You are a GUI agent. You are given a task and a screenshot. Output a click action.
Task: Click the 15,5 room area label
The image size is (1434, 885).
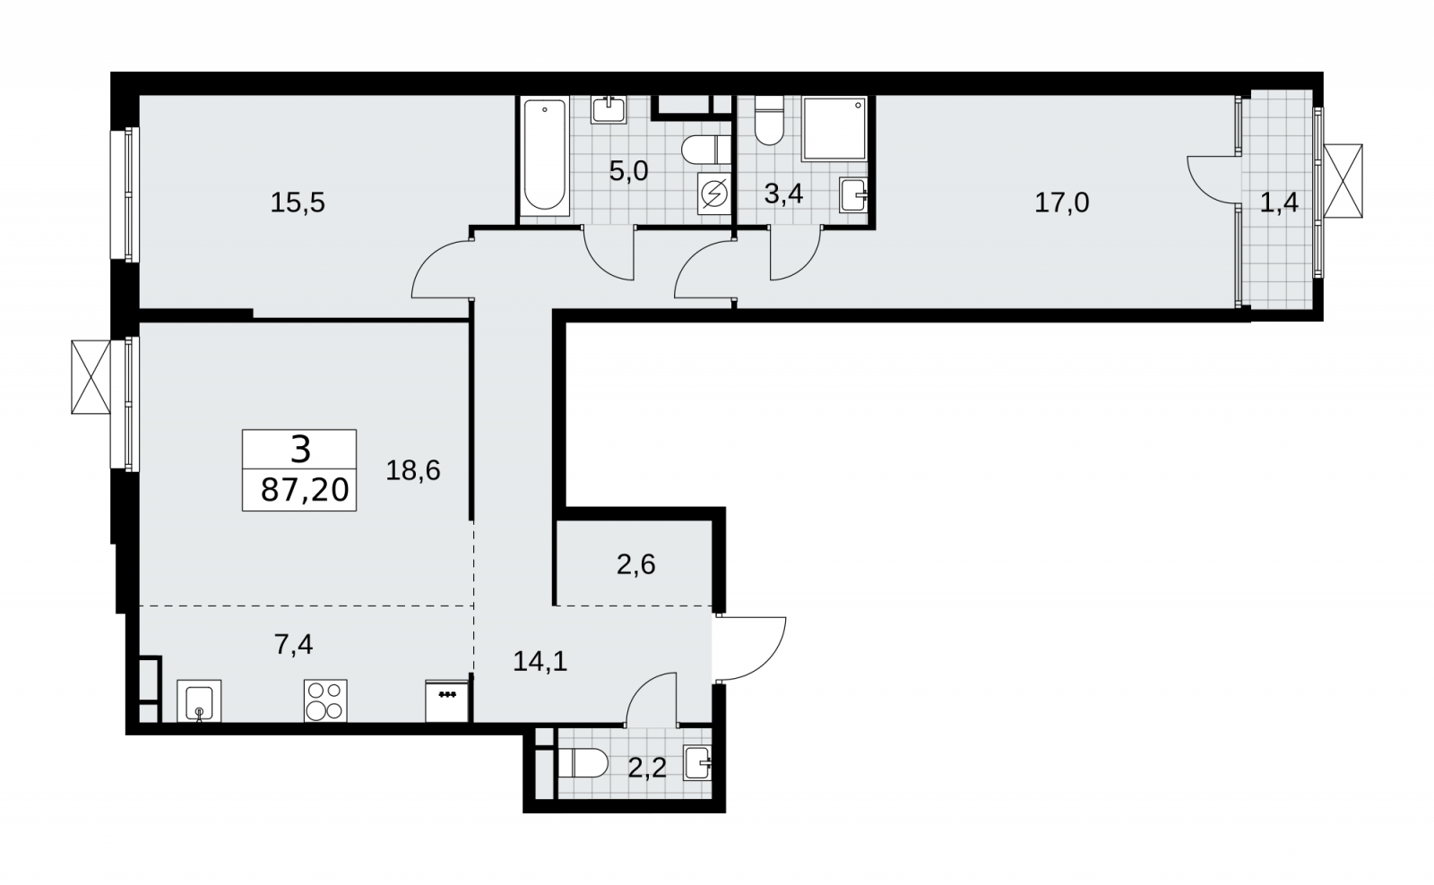point(298,203)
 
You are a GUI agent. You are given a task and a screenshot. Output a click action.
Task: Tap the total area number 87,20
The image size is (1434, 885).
point(305,491)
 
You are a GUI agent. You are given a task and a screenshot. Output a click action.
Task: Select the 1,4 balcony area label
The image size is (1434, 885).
point(1279,203)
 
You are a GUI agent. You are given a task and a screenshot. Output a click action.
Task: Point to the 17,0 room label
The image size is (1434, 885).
point(1062,203)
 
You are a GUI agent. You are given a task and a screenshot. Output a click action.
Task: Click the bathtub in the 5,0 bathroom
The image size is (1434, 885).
point(544,156)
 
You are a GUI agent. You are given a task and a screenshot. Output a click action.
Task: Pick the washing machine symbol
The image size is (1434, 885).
point(713,193)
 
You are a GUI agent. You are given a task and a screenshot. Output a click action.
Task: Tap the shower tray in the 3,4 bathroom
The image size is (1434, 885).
point(834,129)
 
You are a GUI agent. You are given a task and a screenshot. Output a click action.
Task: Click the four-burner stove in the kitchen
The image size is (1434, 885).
point(325,700)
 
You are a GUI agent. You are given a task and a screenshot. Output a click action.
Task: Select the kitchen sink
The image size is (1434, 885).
point(199,700)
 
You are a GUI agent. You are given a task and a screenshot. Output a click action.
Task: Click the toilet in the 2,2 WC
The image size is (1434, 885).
point(583,763)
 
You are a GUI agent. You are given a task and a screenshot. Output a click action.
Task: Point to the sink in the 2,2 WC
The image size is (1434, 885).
point(698,763)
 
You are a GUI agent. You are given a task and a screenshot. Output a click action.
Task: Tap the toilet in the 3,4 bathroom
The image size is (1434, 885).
point(769,120)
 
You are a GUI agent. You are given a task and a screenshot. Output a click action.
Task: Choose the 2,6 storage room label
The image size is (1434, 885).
point(636,565)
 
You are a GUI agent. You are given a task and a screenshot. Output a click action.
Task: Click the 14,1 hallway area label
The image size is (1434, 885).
point(540,662)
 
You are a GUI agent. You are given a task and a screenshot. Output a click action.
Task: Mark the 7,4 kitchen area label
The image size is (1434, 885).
point(294,644)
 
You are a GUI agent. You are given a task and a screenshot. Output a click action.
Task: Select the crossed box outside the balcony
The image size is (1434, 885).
point(1343,181)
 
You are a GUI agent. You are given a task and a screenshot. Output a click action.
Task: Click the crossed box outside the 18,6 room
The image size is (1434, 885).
point(91,377)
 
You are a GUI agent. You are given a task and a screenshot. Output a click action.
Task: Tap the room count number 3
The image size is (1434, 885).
point(300,450)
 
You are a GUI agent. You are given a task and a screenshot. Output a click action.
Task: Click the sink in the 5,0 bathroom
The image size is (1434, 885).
point(609,109)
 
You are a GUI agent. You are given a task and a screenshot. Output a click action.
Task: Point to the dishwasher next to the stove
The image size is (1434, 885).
point(447,701)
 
